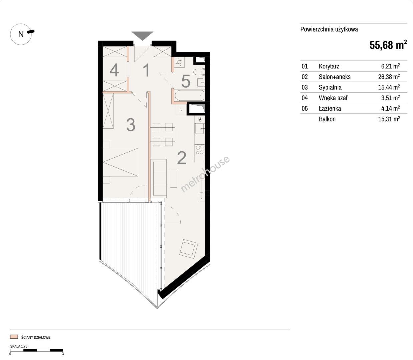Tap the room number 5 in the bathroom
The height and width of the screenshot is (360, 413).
pyautogui.click(x=186, y=81)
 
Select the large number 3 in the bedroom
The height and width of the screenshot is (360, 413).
pyautogui.click(x=131, y=125)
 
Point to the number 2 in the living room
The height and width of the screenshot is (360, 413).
pyautogui.click(x=182, y=158)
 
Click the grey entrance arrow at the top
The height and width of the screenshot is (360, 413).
pyautogui.click(x=142, y=36)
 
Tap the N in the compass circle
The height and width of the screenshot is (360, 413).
pyautogui.click(x=21, y=34)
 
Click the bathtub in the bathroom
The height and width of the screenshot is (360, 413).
pyautogui.click(x=189, y=96)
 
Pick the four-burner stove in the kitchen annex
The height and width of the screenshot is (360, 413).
pyautogui.click(x=199, y=150)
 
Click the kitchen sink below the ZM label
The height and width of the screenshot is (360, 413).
pyautogui.click(x=199, y=129)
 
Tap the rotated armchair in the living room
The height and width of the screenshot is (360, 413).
pyautogui.click(x=189, y=249)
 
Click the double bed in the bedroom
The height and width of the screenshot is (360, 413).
pyautogui.click(x=121, y=162)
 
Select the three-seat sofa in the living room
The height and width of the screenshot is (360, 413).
pyautogui.click(x=160, y=177)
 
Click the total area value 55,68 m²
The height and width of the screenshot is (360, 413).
pyautogui.click(x=388, y=45)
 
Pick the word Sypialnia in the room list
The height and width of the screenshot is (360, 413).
pyautogui.click(x=330, y=87)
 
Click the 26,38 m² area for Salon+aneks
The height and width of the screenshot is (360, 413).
pyautogui.click(x=389, y=77)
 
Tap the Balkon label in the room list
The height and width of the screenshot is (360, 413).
pyautogui.click(x=327, y=119)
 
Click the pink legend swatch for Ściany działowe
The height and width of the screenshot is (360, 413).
pyautogui.click(x=14, y=337)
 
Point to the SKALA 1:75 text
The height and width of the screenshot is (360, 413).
pyautogui.click(x=19, y=346)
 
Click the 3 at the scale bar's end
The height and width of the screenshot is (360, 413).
pyautogui.click(x=63, y=354)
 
